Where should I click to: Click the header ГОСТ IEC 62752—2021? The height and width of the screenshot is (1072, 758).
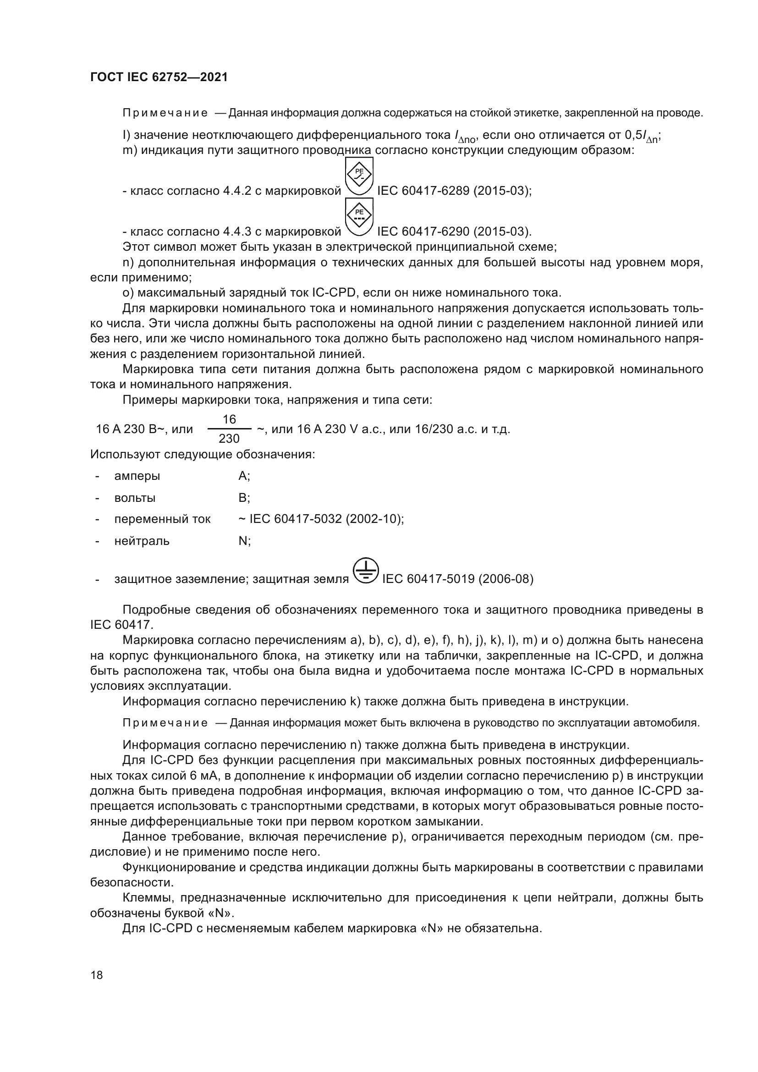click(159, 77)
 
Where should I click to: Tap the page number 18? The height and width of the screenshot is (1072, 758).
click(97, 975)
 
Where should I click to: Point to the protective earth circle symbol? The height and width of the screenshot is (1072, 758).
click(365, 571)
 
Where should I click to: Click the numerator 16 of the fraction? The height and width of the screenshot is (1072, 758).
click(229, 419)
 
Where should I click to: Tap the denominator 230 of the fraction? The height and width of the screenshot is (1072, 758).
click(229, 439)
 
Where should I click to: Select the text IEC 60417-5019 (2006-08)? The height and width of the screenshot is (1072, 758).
click(457, 579)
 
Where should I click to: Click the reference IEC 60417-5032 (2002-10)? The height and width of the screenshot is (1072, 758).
click(327, 519)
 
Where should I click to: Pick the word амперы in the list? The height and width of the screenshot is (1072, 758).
click(137, 476)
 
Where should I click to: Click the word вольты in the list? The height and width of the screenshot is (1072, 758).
click(134, 498)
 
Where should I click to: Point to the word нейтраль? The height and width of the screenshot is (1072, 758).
click(142, 541)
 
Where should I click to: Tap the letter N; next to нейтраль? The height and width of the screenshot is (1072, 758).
click(244, 541)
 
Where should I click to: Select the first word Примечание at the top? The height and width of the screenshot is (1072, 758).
click(165, 113)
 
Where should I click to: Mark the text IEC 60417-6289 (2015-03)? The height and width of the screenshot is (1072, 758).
click(454, 191)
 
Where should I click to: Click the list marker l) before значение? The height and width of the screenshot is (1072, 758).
click(126, 135)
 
